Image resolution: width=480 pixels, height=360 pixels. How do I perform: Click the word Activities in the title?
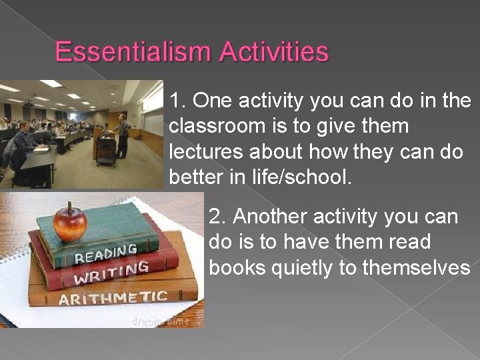[x=277, y=51]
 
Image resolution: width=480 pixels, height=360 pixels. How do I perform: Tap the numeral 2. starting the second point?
[x=218, y=217]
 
